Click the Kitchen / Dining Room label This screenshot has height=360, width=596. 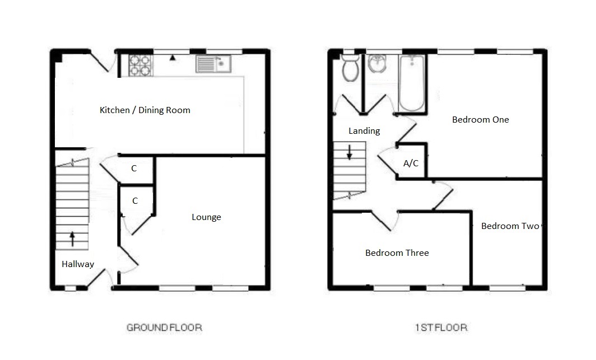145,110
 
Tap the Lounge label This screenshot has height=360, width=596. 206,217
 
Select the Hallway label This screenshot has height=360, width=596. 78,264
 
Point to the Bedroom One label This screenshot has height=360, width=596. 480,119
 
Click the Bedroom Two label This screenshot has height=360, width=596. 510,226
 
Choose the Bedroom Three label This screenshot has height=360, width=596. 397,253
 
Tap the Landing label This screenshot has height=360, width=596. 364,131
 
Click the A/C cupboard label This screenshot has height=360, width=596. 411,163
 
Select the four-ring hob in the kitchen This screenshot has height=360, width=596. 140,64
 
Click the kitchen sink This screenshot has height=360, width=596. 213,64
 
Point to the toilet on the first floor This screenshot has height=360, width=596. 351,68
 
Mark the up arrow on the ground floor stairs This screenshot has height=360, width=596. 72,239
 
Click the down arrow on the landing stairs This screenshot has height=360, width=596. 349,152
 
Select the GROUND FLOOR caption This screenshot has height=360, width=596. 164,328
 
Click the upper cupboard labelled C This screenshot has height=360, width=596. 134,169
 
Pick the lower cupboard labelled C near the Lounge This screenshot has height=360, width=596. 135,200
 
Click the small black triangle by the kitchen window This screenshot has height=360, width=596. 173,57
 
